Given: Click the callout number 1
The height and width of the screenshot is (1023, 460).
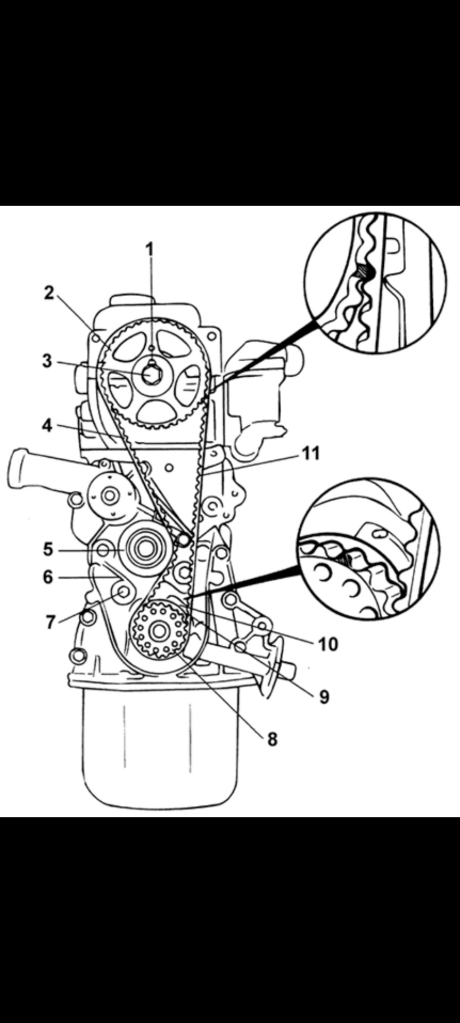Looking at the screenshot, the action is tap(150, 249).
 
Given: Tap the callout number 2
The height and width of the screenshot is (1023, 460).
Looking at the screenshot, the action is tap(50, 293).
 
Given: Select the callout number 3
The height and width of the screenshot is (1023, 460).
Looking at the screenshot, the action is tap(48, 361).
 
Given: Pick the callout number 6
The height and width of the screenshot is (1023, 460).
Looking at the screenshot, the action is tap(48, 577).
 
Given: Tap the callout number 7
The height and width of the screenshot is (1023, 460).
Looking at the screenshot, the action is tap(51, 622).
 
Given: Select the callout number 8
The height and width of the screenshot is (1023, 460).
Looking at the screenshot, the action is tap(272, 739).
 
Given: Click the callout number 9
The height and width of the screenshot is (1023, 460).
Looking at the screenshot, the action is tap(324, 697).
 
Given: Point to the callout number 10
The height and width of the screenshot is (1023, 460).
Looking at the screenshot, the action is tap(328, 644).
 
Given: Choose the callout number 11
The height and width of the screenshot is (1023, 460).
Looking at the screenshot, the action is tap(311, 453).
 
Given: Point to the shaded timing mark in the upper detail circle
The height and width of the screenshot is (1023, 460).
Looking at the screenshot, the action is tap(366, 272).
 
